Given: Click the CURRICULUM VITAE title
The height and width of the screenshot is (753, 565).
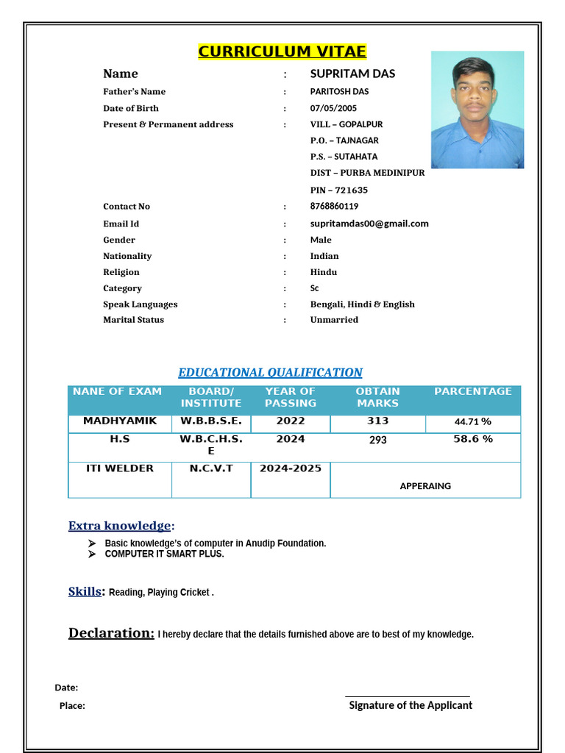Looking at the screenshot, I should coord(282,51).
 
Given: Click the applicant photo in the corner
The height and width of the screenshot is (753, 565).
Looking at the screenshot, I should coord(477,110).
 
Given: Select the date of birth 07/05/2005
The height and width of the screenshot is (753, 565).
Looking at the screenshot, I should coord(333,108).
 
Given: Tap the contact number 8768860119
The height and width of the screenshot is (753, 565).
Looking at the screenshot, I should coord(334,207).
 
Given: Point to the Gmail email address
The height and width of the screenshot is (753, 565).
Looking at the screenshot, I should coord(369,224).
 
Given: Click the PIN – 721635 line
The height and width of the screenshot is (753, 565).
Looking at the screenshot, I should coord(338,190).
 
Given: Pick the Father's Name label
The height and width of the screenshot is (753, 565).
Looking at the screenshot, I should coord(134,92).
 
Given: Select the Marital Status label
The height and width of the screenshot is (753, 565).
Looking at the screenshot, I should coord(133,320).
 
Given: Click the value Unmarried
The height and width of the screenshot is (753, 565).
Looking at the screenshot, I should coord(334,320).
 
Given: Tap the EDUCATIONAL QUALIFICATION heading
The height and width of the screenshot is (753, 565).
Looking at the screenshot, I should coord(270,373).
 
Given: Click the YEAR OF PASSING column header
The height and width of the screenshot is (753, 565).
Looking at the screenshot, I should coord(290,397).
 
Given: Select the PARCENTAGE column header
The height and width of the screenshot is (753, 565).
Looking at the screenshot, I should coord(472,392).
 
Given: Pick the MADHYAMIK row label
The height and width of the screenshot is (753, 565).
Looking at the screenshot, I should coord(120,421).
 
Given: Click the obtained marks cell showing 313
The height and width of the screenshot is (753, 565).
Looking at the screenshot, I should coord(377,421).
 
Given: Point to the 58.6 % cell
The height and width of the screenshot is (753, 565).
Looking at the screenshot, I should coord(472,439).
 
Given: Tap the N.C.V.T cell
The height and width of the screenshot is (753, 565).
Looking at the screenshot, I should coord(211,468).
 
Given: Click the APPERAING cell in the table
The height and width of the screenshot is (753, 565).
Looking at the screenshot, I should coord(425,486).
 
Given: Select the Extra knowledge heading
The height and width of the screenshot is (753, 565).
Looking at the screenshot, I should coord(120,526).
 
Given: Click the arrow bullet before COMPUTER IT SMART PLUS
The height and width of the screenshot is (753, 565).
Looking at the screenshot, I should coord(92,554).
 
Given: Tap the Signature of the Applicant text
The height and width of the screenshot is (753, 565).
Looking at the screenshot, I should coord(410,705).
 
